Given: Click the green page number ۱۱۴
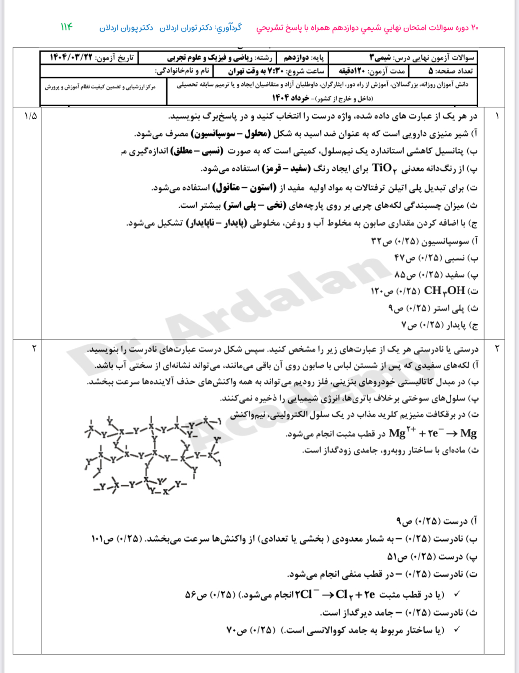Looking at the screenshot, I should [66, 27].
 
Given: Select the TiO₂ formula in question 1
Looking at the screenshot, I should [383, 168].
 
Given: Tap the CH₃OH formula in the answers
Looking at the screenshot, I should [444, 291].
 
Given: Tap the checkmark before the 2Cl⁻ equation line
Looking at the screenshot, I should [457, 593].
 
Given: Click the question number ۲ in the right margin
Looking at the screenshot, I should [497, 348].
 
